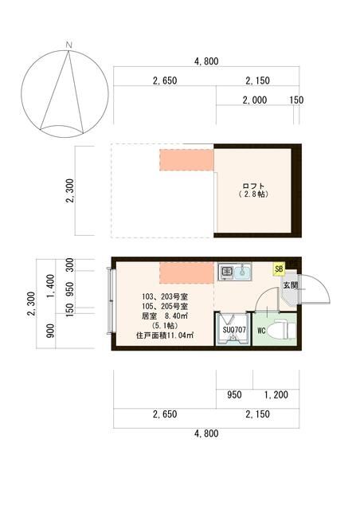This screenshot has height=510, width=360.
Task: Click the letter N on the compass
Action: coord(70,44)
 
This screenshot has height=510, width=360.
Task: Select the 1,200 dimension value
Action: coord(276,394)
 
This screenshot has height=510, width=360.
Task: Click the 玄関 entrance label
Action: coord(289,284)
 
